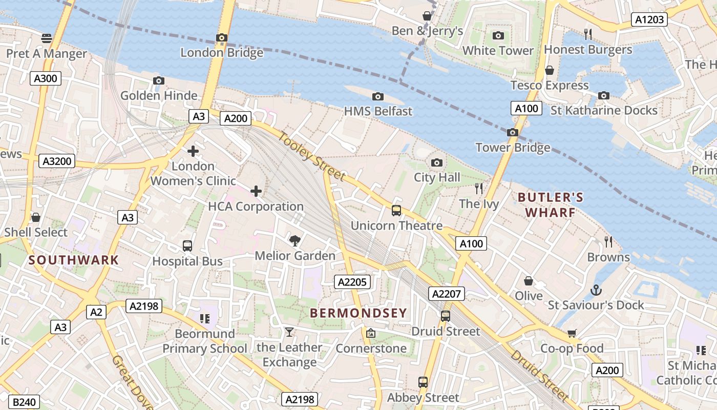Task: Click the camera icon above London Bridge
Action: point(222,38)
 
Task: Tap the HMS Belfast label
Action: point(378,111)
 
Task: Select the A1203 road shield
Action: point(649,20)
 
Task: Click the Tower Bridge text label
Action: point(513,148)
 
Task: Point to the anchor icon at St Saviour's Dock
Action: point(596,290)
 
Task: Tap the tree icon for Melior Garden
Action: point(295,240)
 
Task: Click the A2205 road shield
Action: point(352,281)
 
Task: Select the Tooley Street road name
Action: point(312,156)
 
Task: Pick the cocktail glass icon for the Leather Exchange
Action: point(289,333)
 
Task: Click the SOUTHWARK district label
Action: point(74,260)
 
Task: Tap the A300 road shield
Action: point(46,78)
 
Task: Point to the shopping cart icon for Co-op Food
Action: point(572,334)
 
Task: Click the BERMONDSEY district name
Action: point(358,313)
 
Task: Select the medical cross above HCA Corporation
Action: point(256,192)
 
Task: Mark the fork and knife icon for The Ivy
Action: point(479,189)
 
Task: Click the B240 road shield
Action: point(24,402)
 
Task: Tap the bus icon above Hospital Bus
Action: point(187,246)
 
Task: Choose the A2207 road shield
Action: point(447,294)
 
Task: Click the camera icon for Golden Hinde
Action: point(159,81)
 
